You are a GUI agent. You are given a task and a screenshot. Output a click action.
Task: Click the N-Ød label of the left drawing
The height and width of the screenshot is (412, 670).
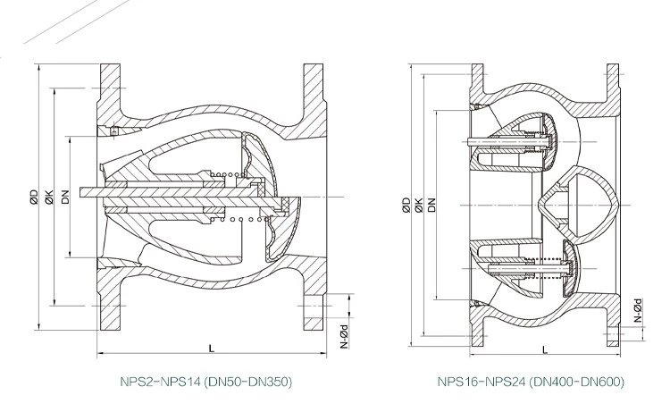(344, 334)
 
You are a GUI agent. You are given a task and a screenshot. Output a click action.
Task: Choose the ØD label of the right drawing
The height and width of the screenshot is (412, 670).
(406, 204)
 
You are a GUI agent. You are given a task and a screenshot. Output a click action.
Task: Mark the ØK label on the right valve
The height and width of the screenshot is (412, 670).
(418, 204)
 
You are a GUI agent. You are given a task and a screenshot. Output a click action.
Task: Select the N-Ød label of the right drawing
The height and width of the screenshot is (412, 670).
(638, 309)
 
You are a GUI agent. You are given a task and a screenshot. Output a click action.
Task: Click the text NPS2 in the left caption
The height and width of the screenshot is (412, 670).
(137, 382)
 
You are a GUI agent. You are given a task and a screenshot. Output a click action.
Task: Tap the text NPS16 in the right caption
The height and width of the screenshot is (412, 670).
(458, 382)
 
